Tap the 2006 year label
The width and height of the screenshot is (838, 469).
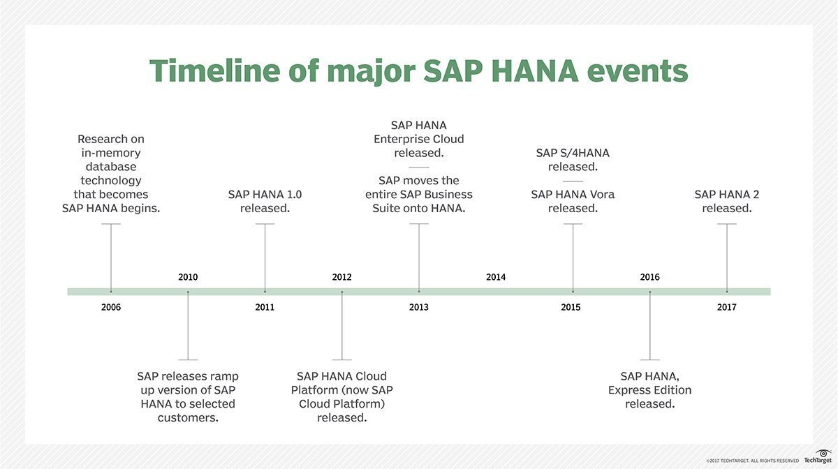pyautogui.click(x=111, y=307)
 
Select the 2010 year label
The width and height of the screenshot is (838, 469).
pyautogui.click(x=188, y=277)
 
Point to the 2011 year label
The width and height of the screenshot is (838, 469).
pyautogui.click(x=265, y=307)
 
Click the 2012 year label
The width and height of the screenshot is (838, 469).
pyautogui.click(x=342, y=277)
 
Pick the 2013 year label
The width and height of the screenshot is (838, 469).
pyautogui.click(x=419, y=307)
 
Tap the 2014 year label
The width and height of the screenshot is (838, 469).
pyautogui.click(x=496, y=277)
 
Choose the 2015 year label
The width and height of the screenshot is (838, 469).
pyautogui.click(x=571, y=307)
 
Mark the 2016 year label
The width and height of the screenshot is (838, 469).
pyautogui.click(x=649, y=277)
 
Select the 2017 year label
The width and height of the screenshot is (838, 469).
pyautogui.click(x=726, y=307)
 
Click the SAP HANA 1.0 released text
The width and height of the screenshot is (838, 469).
pyautogui.click(x=265, y=201)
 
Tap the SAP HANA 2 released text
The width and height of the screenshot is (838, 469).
pyautogui.click(x=727, y=201)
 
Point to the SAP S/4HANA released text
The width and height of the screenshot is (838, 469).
pyautogui.click(x=573, y=160)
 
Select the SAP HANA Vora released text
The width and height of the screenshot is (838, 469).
pyautogui.click(x=573, y=201)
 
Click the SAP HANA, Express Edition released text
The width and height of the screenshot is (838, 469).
pyautogui.click(x=649, y=390)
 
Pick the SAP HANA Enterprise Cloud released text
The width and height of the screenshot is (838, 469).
pyautogui.click(x=419, y=139)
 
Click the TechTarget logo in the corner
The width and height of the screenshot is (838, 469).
pyautogui.click(x=816, y=459)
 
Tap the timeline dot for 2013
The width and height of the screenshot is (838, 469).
pyautogui.click(x=419, y=291)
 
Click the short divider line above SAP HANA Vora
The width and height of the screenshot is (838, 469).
pyautogui.click(x=573, y=181)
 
